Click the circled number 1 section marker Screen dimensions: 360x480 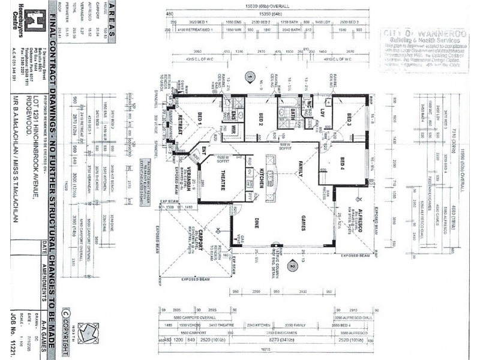click(x=250, y=77)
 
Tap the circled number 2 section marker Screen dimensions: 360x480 click(x=293, y=265)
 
